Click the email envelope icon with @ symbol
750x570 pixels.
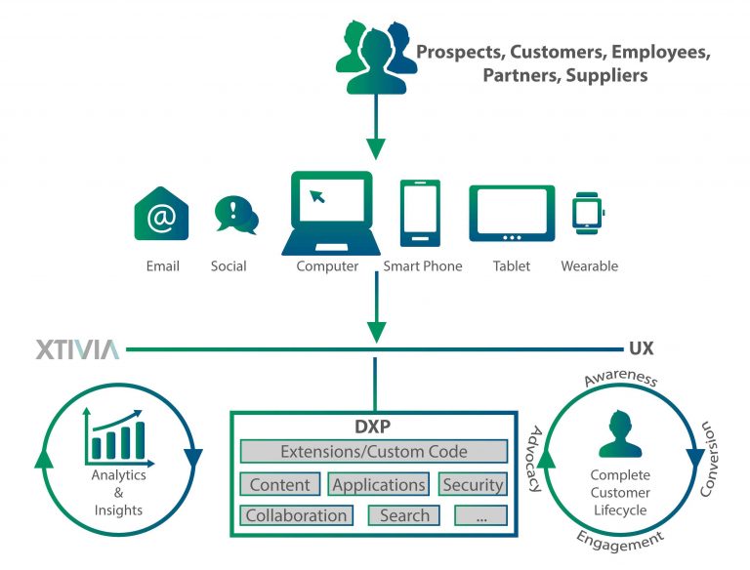coord(161,213)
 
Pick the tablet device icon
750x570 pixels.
coord(512,214)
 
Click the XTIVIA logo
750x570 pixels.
coord(77,349)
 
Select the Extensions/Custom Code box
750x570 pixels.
coord(374,452)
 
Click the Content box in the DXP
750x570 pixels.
coord(280,484)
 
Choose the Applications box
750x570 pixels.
coord(379,484)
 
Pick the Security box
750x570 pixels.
coord(473,484)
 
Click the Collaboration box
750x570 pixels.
coord(296,515)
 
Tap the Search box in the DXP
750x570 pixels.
coord(404,515)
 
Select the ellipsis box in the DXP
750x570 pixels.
coord(481,515)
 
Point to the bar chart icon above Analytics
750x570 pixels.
coord(117,437)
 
